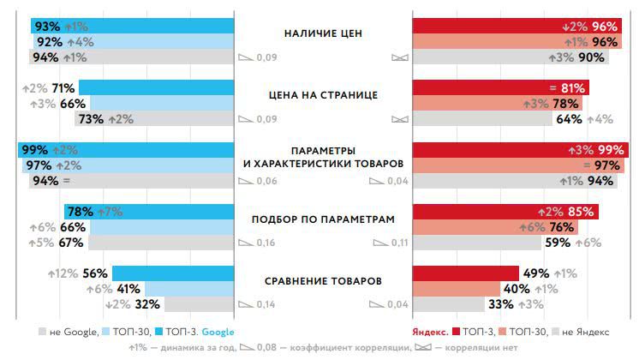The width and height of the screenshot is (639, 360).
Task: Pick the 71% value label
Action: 63,87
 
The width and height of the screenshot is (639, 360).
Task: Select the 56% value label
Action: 94,273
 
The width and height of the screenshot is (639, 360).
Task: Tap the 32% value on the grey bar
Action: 147,304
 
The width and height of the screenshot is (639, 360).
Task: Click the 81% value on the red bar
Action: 573,87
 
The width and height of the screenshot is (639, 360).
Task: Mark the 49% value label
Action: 536,273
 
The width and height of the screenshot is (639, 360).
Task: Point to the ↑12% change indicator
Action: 63,273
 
